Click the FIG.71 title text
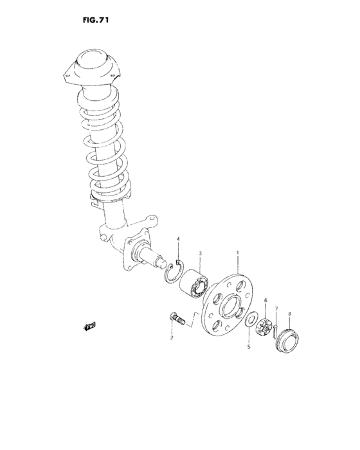pos(95,20)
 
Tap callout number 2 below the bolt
pos(172,337)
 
